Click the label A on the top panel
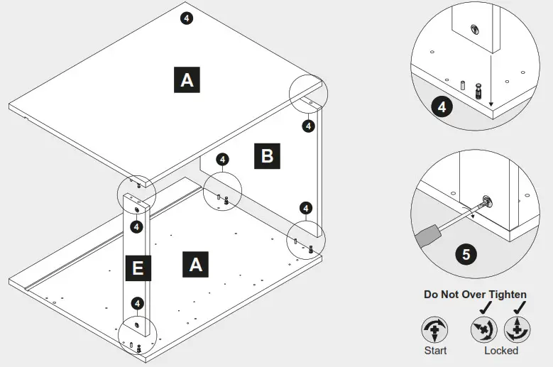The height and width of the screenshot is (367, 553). click(187, 80)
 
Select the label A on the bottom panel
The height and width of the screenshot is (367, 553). click(196, 264)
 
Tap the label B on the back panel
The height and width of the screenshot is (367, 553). click(267, 155)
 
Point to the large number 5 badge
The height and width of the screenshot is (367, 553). click(465, 254)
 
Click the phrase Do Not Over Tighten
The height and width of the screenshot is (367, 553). click(475, 294)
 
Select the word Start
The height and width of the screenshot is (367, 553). click(435, 350)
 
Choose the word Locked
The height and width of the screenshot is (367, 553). click(501, 350)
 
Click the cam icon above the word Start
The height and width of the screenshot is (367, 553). click(434, 330)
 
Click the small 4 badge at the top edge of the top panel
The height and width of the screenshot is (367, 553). click(187, 18)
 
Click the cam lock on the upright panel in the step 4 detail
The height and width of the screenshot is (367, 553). click(473, 29)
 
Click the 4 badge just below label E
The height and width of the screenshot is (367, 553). click(138, 303)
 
